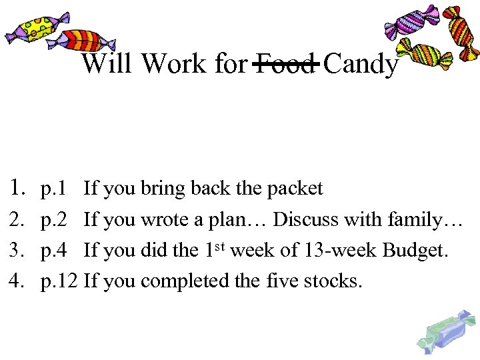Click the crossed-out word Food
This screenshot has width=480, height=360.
coord(285,64)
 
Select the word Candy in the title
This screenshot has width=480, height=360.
coord(362,65)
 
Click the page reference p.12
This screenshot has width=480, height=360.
coord(59,281)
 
